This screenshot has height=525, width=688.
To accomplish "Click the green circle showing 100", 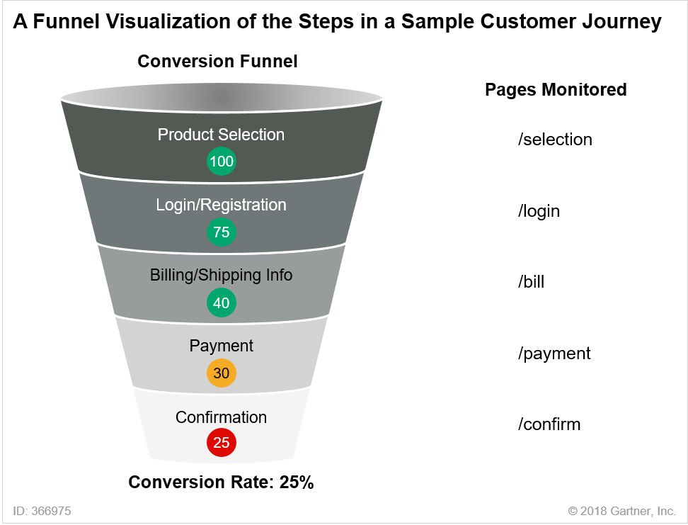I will coord(222,162).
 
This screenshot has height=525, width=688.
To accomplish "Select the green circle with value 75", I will coord(222,232).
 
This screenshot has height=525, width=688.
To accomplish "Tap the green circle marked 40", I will coord(222,303).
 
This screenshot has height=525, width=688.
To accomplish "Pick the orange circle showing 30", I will coord(222,373).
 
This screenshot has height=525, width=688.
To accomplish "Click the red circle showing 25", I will coord(222,444).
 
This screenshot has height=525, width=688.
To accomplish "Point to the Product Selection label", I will coord(221,135).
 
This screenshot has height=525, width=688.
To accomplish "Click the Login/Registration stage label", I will coord(221,205).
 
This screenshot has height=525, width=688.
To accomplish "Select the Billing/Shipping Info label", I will coord(221,275).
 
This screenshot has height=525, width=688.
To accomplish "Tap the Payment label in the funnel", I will coord(221,346).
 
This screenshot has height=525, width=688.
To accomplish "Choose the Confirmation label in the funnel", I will coord(221,417).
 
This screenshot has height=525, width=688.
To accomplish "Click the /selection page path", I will coord(555,140).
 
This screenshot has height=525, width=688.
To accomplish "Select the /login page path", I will coord(539,211).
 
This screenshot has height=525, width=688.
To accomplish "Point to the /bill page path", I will coord(531,282).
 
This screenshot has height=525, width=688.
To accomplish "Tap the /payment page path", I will coord(554,353).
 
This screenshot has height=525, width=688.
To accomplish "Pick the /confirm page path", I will coord(549,424).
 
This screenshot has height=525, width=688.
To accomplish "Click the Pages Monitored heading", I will coord(556,90).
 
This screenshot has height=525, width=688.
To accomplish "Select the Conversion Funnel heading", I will coord(217,62).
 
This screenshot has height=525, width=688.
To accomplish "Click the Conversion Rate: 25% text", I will coord(221,482).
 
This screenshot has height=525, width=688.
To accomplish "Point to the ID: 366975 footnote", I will coord(42,510).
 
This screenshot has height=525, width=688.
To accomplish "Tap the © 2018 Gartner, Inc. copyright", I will coord(621,510).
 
